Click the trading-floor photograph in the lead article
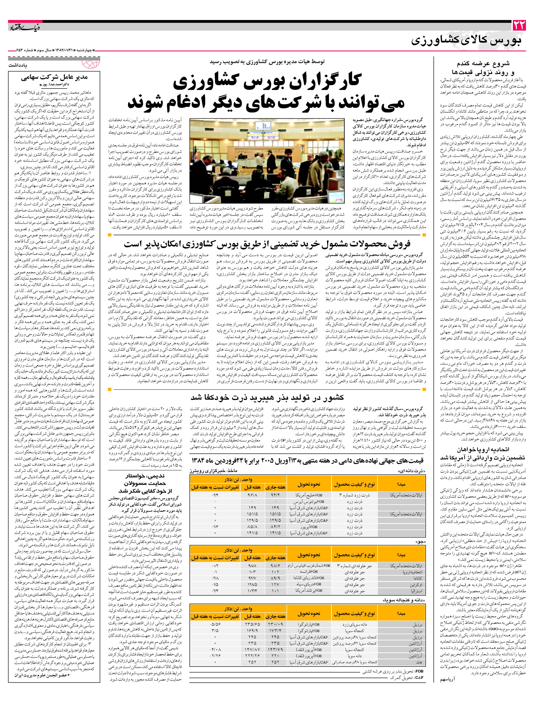coord(267,161)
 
